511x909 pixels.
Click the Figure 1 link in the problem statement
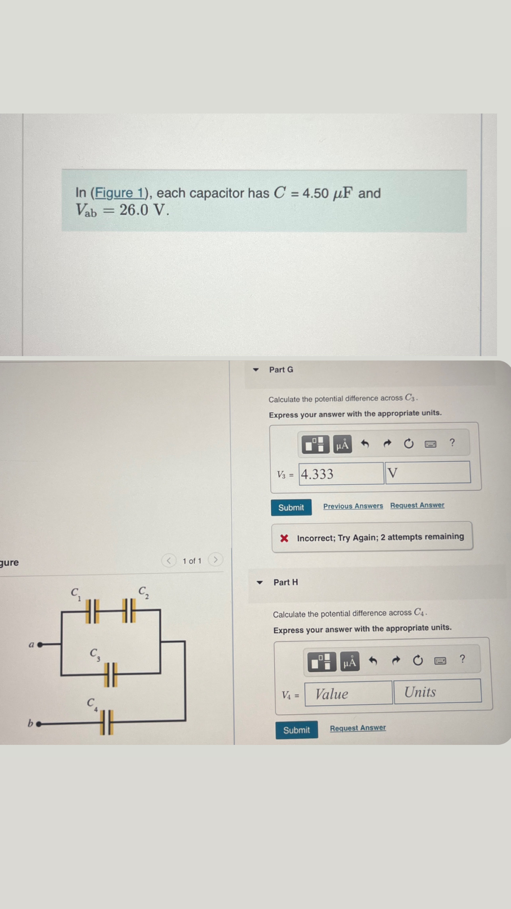tap(119, 193)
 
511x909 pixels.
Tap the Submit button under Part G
tap(291, 507)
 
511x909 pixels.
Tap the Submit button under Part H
tap(296, 730)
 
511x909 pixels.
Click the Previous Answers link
tap(353, 506)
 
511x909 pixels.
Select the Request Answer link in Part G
tap(417, 505)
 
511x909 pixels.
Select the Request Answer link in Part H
tap(358, 728)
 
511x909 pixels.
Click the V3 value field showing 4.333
tap(341, 474)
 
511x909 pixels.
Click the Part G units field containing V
tap(428, 472)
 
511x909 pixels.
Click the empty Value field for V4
tap(349, 694)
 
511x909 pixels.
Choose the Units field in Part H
tap(437, 692)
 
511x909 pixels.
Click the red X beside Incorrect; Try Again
tap(284, 539)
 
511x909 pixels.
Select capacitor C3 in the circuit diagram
tap(111, 675)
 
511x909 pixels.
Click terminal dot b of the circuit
tap(39, 724)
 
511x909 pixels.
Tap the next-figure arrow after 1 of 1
tap(215, 560)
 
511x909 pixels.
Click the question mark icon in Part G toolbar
tap(452, 442)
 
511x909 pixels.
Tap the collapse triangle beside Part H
tap(260, 582)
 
